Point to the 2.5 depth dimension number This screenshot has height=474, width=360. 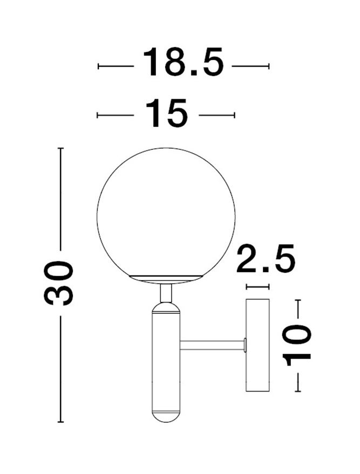tap(266, 260)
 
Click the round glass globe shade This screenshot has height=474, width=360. tap(166, 210)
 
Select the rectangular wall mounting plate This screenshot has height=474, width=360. tap(257, 345)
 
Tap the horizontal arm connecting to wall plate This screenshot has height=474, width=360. tap(212, 345)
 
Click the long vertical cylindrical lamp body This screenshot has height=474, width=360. tap(166, 361)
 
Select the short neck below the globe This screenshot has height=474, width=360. tap(166, 292)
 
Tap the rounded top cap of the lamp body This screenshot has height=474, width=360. tap(166, 307)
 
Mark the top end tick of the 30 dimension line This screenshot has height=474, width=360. tap(60, 148)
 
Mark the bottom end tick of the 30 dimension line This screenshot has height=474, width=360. tap(60, 422)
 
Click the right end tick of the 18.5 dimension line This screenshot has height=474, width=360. tap(268, 66)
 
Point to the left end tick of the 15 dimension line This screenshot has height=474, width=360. tap(97, 115)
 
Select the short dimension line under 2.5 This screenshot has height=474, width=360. tap(257, 287)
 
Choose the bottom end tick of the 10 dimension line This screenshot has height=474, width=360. tap(297, 391)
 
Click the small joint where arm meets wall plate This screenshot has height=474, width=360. tap(245, 345)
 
